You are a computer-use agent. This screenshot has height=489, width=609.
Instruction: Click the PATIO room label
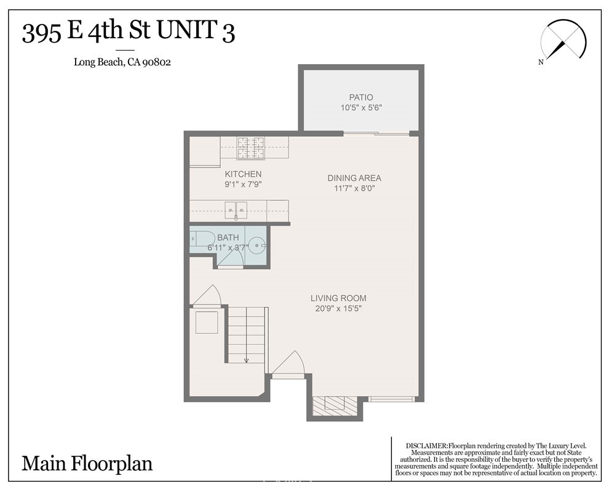pyautogui.click(x=361, y=97)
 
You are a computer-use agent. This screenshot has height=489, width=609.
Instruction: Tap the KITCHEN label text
pyautogui.click(x=243, y=174)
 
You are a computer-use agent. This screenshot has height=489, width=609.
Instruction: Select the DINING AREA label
pyautogui.click(x=354, y=178)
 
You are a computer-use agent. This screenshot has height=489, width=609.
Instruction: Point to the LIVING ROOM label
pyautogui.click(x=338, y=298)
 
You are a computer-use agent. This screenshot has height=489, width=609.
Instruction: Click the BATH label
pyautogui.click(x=228, y=237)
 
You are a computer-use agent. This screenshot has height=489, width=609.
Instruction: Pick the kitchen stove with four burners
pyautogui.click(x=250, y=148)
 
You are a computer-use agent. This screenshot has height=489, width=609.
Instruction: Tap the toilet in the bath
pyautogui.click(x=201, y=238)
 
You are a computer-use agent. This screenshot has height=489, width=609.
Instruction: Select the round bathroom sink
pyautogui.click(x=258, y=245)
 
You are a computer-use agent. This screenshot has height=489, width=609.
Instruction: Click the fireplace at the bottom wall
pyautogui.click(x=335, y=405)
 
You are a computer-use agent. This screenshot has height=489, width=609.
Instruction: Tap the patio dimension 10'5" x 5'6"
pyautogui.click(x=361, y=108)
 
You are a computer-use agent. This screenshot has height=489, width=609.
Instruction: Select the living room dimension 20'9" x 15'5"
pyautogui.click(x=338, y=309)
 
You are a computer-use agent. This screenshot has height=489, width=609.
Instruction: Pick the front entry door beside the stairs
pyautogui.click(x=288, y=365)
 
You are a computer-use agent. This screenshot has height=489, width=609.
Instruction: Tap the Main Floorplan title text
pyautogui.click(x=87, y=463)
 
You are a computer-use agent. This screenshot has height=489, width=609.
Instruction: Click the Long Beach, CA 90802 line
pyautogui.click(x=122, y=62)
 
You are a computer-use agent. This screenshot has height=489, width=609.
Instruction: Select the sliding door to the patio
pyautogui.click(x=376, y=134)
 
